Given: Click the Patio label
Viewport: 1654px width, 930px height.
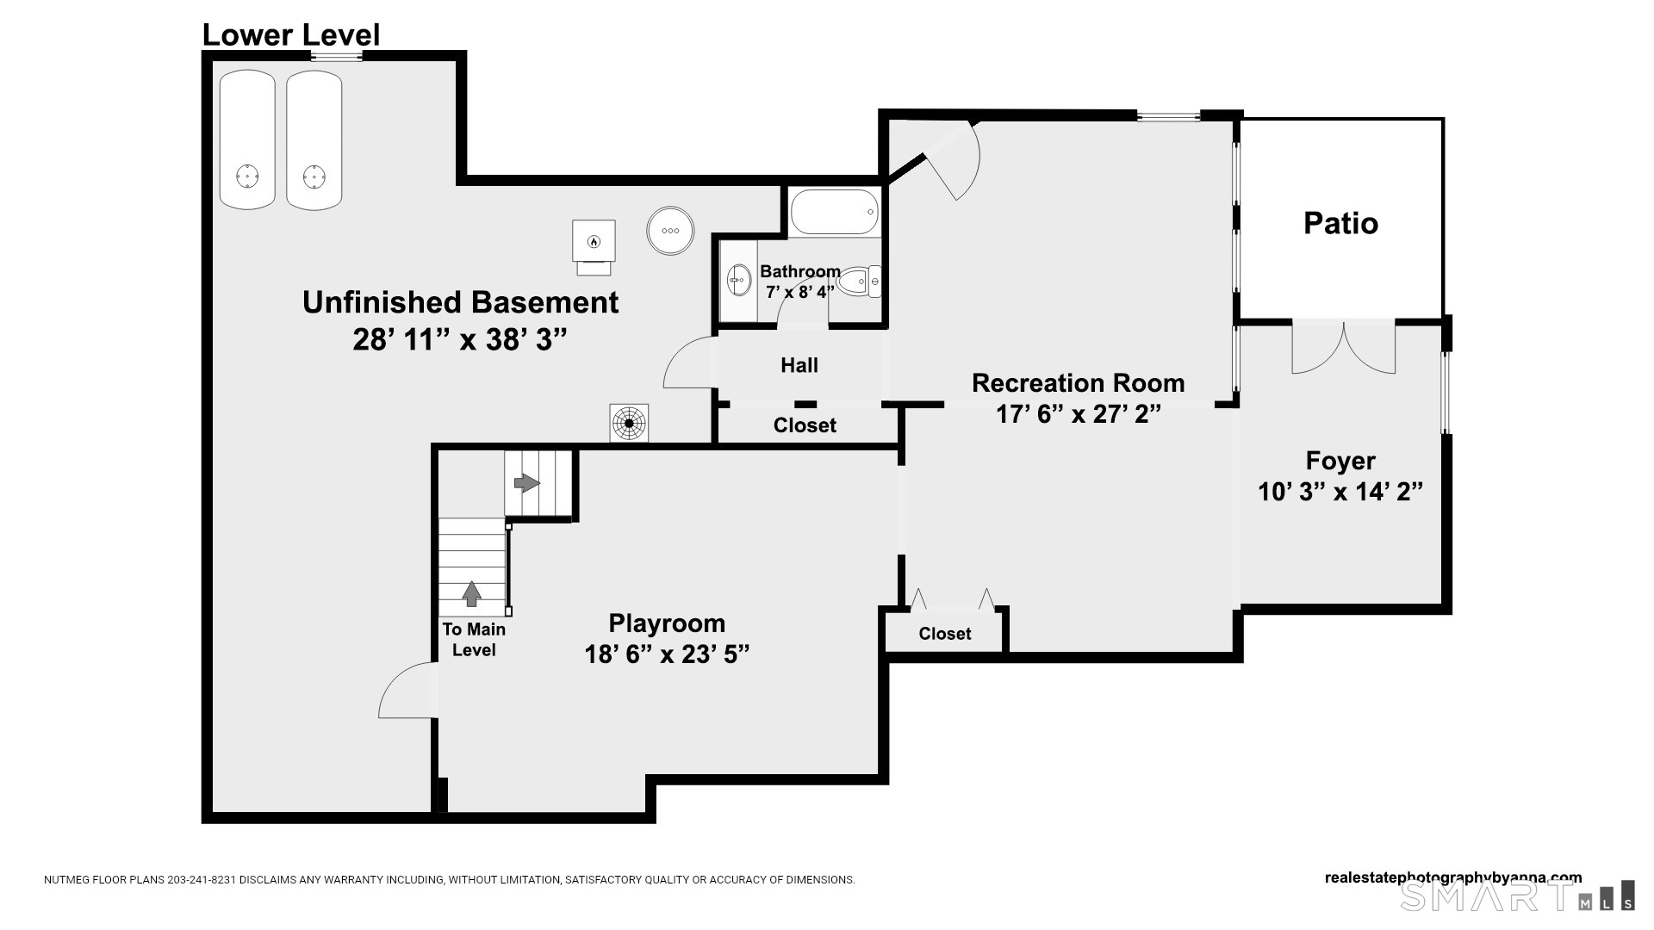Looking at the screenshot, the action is (1340, 223).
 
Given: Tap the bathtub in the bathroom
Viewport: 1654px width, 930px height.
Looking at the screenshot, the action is (835, 212).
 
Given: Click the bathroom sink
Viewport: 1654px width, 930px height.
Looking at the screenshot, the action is (739, 280).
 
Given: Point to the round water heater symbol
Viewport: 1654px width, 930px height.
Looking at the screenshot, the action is (670, 230).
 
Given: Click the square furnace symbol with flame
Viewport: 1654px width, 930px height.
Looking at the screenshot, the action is (594, 241).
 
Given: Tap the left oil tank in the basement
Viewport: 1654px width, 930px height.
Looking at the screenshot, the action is (247, 139).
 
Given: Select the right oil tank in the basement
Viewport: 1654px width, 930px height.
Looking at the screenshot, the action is (314, 139).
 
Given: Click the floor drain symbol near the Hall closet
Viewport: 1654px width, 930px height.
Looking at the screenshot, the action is (629, 423).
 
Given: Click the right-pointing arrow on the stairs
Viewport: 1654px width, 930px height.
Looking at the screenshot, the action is (526, 483).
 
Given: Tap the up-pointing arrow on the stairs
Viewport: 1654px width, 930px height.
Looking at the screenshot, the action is (471, 593).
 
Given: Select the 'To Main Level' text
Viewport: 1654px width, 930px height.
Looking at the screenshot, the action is (474, 640).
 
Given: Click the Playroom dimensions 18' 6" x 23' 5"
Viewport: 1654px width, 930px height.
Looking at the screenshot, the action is (667, 654).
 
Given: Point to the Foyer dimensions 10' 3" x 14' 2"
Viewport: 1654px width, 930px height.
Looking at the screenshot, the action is (1340, 492).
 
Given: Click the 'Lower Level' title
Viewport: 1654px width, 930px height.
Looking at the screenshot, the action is (291, 34).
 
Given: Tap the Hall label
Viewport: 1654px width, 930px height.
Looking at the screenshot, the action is (799, 365).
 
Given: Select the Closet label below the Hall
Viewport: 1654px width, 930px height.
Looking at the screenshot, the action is (805, 425).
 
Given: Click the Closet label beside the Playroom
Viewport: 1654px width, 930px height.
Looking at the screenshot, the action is (945, 634).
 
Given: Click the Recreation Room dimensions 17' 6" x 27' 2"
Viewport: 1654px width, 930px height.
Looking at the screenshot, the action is (1079, 414).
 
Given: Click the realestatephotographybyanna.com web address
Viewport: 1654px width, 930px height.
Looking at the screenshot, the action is (1453, 878).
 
